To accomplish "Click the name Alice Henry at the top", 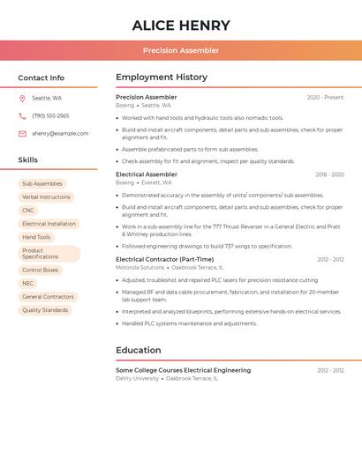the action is click(x=181, y=26).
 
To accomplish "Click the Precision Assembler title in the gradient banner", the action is click(x=181, y=50).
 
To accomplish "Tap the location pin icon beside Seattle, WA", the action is click(x=22, y=99).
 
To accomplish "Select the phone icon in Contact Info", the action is click(x=22, y=116).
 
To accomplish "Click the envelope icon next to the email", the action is click(x=22, y=134).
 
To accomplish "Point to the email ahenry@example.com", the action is click(x=60, y=134).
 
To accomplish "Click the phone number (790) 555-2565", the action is click(x=50, y=116).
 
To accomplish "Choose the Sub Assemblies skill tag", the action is click(x=42, y=184).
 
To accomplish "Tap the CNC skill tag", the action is click(x=28, y=211).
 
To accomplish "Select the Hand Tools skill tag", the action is click(x=36, y=237).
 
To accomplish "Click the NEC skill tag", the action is click(x=28, y=284).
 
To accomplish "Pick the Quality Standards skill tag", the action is click(x=45, y=310).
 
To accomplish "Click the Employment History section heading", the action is click(x=162, y=78).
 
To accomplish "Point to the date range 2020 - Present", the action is click(x=325, y=98).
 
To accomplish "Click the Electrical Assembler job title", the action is click(x=147, y=174).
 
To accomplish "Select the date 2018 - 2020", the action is click(x=329, y=174).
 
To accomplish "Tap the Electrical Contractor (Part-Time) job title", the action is click(x=164, y=259).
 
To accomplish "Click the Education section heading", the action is click(x=139, y=351).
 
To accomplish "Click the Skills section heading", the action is click(x=28, y=160).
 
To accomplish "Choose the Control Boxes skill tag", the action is click(x=41, y=271).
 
